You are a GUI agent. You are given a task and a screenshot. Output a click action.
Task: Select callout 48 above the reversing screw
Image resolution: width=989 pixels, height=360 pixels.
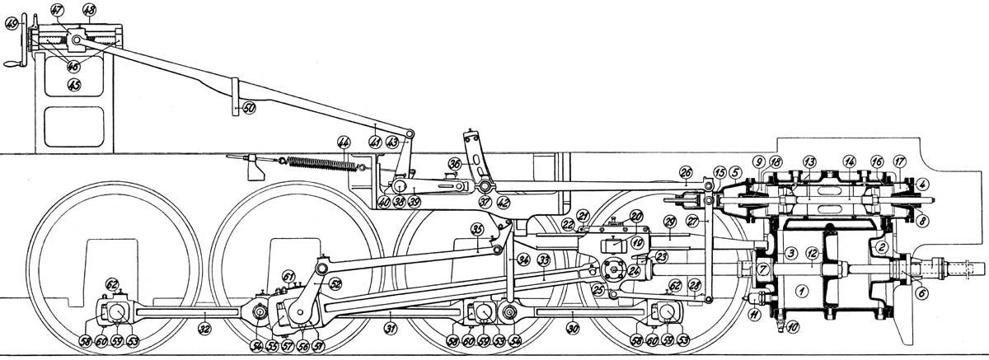coord(89,11)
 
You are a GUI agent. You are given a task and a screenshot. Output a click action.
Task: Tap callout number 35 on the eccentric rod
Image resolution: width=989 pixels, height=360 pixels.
coord(476,228)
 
